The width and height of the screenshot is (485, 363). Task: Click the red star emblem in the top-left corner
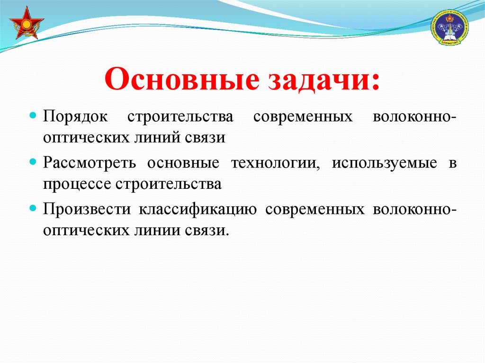tap(27, 23)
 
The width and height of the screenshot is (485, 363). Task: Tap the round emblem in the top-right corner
tap(449, 27)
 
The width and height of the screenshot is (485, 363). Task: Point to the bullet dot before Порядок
tap(33, 116)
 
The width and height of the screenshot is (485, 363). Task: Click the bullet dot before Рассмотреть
tap(33, 162)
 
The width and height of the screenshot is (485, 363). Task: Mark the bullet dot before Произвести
tap(33, 208)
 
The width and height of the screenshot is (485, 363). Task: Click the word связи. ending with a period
tap(207, 230)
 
